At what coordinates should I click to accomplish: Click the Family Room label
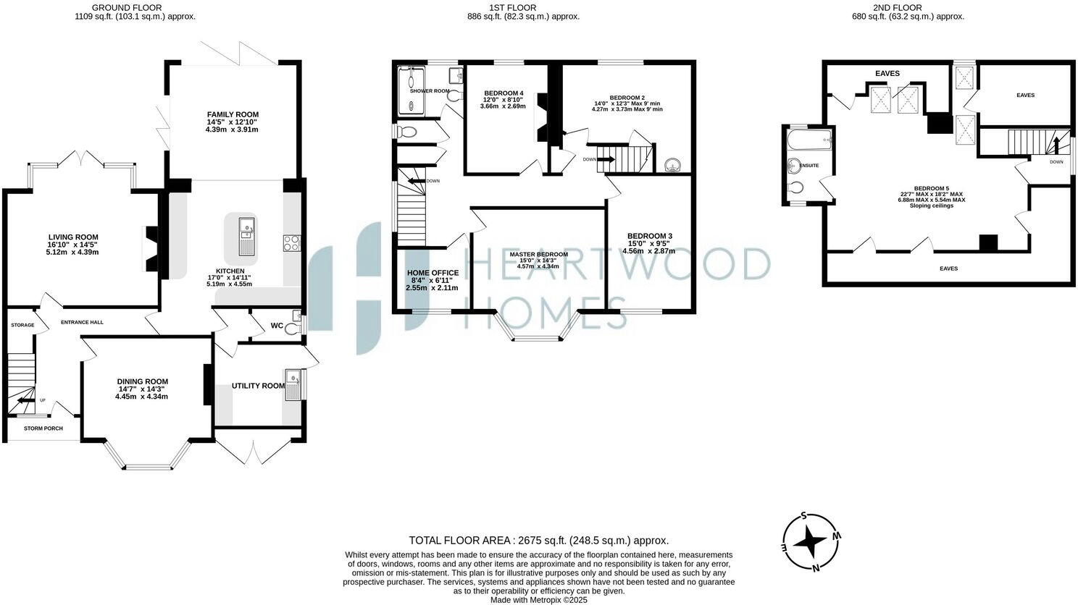pyautogui.click(x=233, y=114)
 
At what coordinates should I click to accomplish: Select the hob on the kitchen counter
pyautogui.click(x=292, y=243)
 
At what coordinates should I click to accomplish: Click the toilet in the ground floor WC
pyautogui.click(x=292, y=329)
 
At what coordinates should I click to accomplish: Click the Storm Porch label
pyautogui.click(x=43, y=428)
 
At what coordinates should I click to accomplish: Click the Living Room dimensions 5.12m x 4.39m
pyautogui.click(x=72, y=252)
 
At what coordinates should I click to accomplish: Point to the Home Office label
pyautogui.click(x=433, y=273)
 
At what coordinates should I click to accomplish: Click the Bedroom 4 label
pyautogui.click(x=504, y=93)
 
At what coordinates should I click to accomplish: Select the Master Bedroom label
pyautogui.click(x=538, y=255)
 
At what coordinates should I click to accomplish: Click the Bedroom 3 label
pyautogui.click(x=649, y=236)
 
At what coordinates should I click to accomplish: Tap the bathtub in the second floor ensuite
pyautogui.click(x=809, y=140)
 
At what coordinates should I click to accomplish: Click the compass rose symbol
pyautogui.click(x=811, y=542)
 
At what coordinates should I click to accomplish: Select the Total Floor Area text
pyautogui.click(x=538, y=540)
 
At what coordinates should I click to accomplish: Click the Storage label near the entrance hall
pyautogui.click(x=22, y=325)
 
